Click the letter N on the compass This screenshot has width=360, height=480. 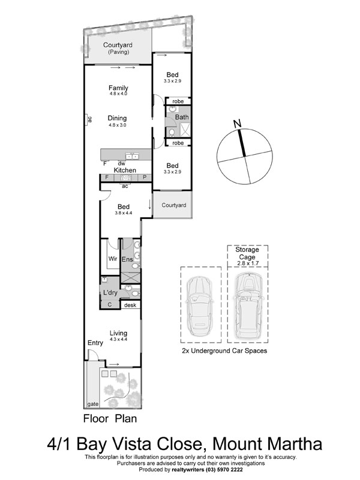coord(238,124)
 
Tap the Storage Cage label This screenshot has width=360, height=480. coord(247,253)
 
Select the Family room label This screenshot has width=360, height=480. coord(118,88)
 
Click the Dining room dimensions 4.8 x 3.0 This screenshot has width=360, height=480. coord(118,125)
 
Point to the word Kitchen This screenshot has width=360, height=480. coord(125,170)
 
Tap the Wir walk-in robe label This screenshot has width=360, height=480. coord(112,259)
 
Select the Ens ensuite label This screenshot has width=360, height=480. coord(127,259)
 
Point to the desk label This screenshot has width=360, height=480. coord(130,305)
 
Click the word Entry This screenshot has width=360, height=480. coord(95,343)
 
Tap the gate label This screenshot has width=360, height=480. coord(92,404)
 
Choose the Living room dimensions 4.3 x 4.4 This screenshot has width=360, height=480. coord(118,340)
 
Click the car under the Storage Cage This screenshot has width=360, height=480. coord(247,304)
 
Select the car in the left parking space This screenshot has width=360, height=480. coord(200,304)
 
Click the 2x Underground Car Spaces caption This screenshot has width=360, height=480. coord(224,350)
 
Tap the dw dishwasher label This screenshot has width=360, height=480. coord(121,163)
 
